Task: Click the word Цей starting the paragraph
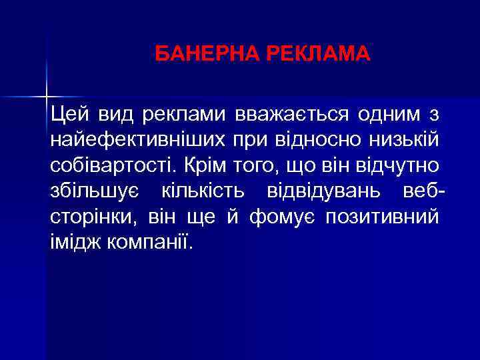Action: pyautogui.click(x=66, y=115)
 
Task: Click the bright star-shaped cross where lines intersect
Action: pyautogui.click(x=47, y=95)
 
